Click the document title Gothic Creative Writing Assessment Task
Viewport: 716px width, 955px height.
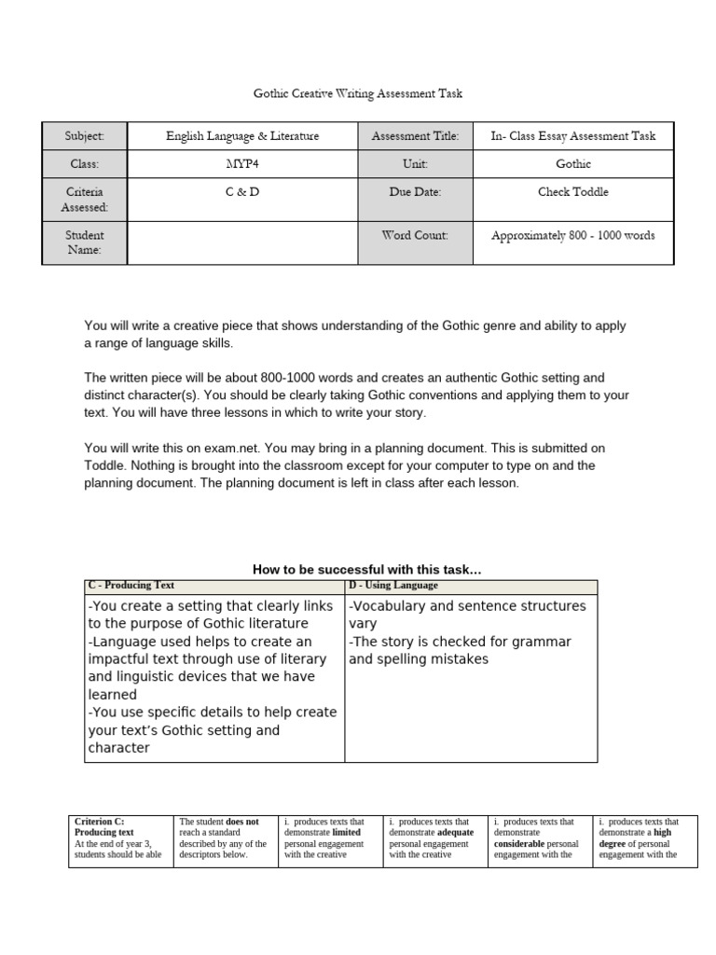coord(358,94)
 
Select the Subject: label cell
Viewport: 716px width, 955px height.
coord(85,136)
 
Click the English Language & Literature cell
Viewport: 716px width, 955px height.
coord(242,136)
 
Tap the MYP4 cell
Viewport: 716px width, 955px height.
coord(242,164)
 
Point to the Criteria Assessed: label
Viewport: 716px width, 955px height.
coord(85,200)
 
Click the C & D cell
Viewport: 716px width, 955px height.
coord(242,192)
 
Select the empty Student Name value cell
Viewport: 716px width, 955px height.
coord(242,242)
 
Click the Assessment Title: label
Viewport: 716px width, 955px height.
coord(415,136)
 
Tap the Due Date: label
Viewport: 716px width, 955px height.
coord(415,192)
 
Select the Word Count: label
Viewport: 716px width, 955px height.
coord(415,236)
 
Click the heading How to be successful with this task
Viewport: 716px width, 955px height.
coord(367,570)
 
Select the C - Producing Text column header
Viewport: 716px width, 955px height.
coord(131,586)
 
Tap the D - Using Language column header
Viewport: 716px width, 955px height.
coord(392,586)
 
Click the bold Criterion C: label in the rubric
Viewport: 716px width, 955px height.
coord(98,822)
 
